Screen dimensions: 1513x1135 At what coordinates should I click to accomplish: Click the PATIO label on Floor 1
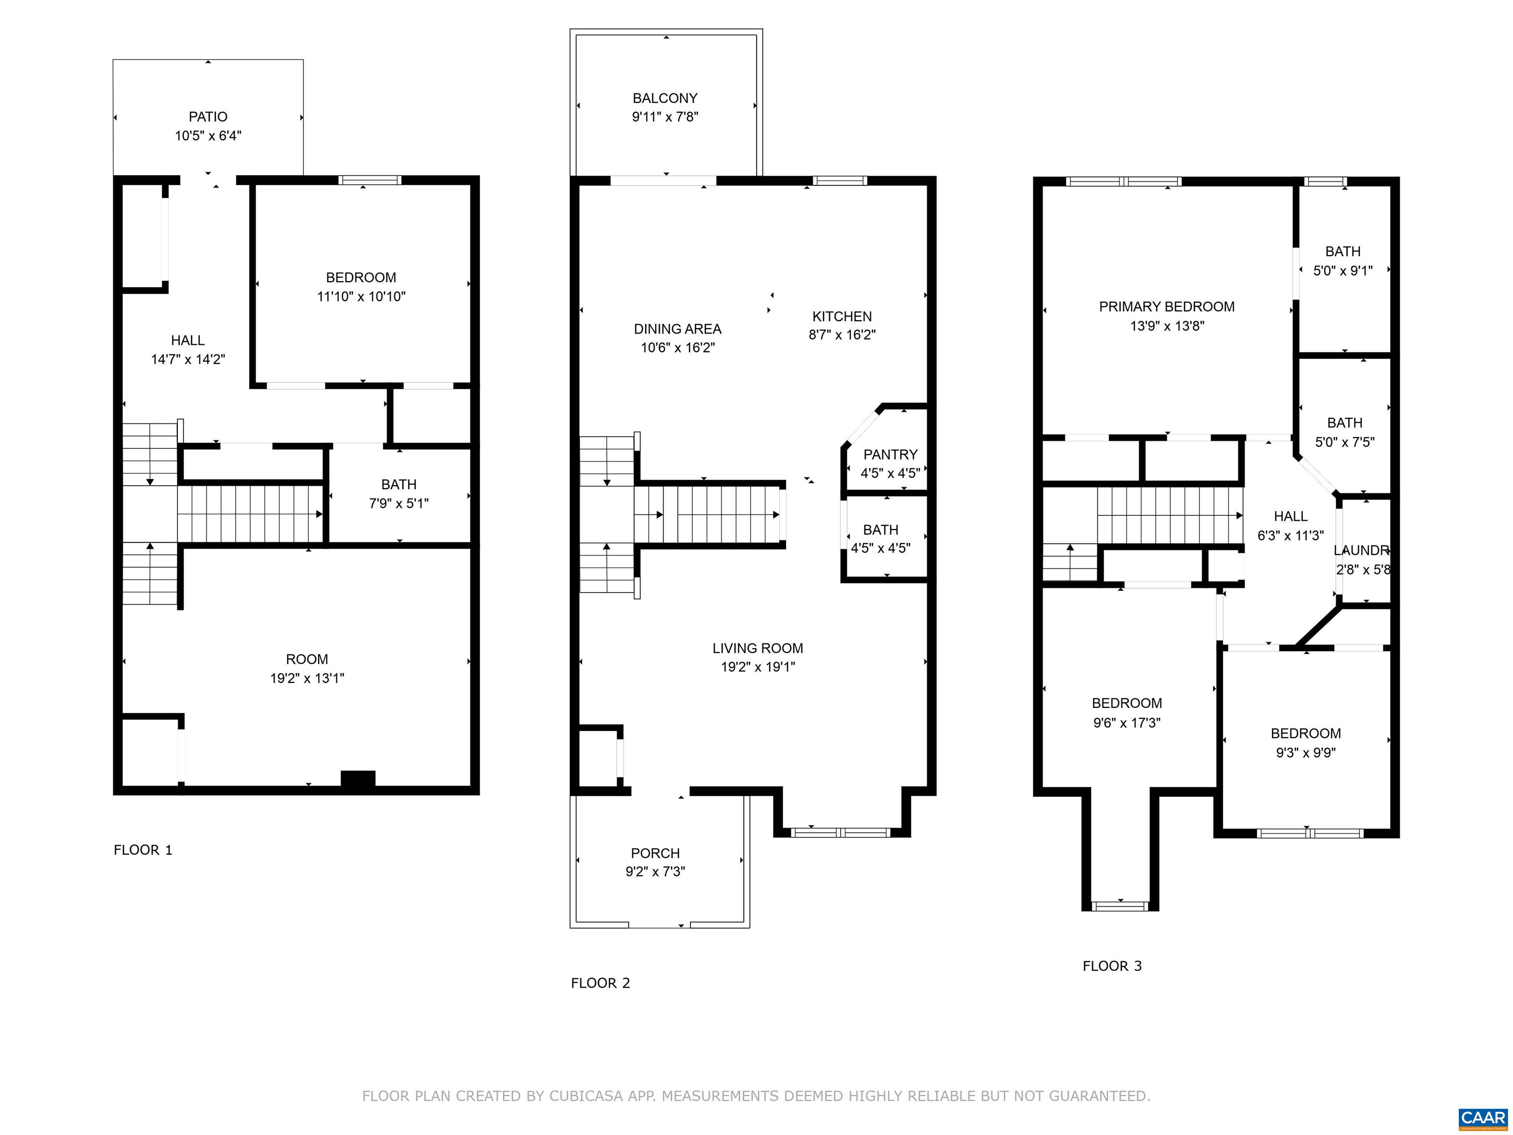click(208, 117)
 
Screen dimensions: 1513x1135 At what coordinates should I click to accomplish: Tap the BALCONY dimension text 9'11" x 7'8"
click(665, 117)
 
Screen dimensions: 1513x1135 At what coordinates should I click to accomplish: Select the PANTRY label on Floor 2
click(890, 454)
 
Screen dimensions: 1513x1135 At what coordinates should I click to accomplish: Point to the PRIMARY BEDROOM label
click(1167, 306)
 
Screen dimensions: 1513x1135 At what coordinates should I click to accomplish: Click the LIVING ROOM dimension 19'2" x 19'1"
click(758, 667)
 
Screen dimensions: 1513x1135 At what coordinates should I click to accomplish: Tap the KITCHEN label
click(842, 316)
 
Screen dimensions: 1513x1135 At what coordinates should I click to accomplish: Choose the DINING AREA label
click(677, 329)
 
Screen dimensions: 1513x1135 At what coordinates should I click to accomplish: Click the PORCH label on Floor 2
click(655, 853)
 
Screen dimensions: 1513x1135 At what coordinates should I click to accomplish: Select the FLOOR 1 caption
click(143, 850)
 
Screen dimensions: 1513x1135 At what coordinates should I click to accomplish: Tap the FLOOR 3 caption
click(1112, 966)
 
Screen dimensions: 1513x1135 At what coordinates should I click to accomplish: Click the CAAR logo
click(1483, 1117)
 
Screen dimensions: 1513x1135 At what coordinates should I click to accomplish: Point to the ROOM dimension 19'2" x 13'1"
click(307, 678)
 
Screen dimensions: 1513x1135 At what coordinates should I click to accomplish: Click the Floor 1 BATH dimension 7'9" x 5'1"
click(399, 503)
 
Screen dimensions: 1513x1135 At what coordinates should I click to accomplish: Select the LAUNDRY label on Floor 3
click(1362, 550)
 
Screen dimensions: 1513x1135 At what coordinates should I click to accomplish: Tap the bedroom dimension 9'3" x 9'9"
click(1306, 753)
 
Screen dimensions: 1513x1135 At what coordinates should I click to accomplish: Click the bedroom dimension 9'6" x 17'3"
click(1126, 723)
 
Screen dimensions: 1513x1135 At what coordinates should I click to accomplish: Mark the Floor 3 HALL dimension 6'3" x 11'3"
click(1291, 535)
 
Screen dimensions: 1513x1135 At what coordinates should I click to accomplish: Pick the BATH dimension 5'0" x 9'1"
click(1343, 271)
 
